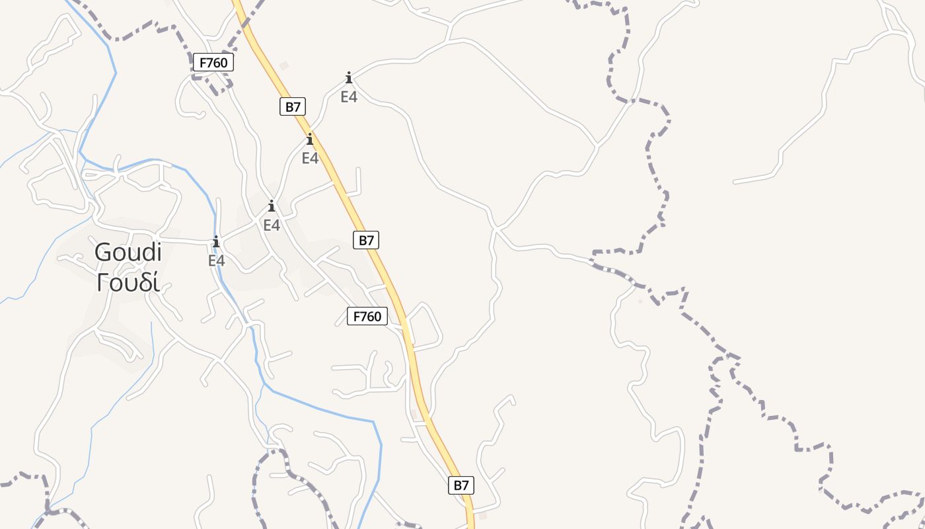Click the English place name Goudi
128,253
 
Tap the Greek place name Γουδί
128,282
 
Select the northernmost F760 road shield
213,63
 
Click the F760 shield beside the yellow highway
367,316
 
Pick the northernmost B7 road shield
292,106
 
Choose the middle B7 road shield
366,240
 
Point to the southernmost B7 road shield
461,485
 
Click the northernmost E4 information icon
349,78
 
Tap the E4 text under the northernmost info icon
349,97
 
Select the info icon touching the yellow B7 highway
310,140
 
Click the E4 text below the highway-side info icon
310,159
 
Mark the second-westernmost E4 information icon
272,206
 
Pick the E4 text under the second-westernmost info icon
272,225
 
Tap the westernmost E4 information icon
216,241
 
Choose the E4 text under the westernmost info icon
217,261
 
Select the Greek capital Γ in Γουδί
102,282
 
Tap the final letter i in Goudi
159,252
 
